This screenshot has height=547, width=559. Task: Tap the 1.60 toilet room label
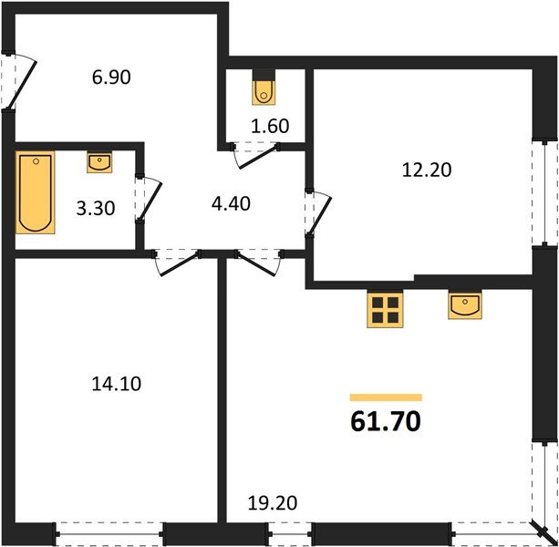tap(270, 127)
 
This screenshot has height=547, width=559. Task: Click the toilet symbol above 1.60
tap(264, 89)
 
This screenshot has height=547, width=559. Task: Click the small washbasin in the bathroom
tap(98, 163)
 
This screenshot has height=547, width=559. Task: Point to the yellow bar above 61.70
tap(387, 397)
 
